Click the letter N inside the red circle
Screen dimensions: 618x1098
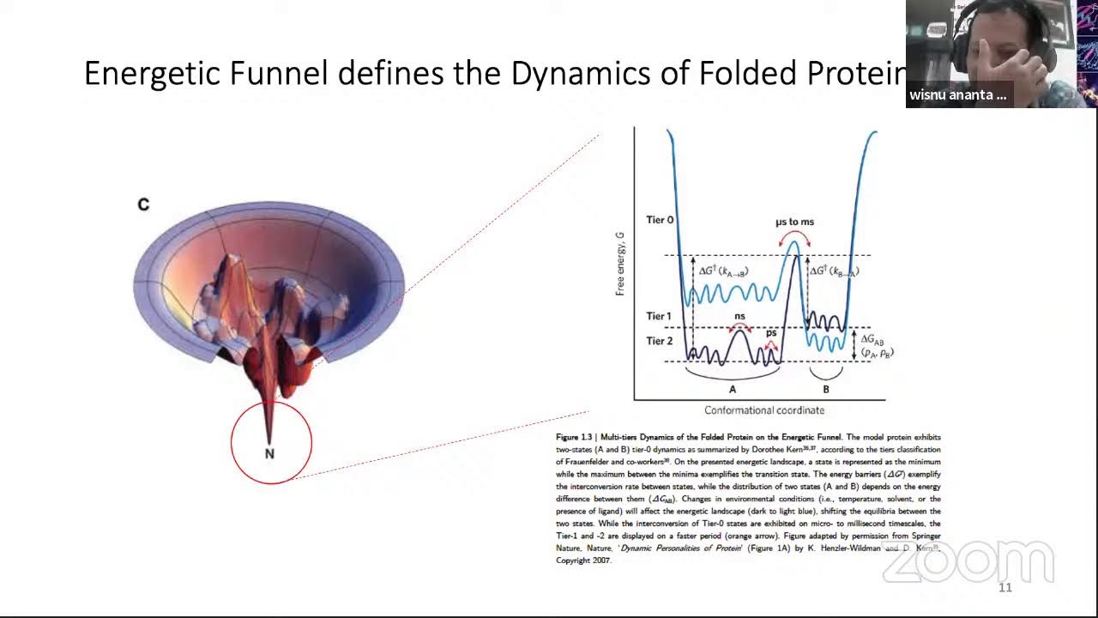click(x=269, y=453)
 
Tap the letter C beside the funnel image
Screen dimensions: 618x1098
click(x=143, y=204)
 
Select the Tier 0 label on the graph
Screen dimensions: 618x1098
click(x=660, y=220)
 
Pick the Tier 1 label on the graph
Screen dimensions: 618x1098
click(x=659, y=317)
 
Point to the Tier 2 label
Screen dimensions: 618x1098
click(x=659, y=341)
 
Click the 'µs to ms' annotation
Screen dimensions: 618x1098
click(x=794, y=221)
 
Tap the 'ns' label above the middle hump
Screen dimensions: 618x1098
click(x=739, y=317)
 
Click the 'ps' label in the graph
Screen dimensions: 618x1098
click(x=771, y=332)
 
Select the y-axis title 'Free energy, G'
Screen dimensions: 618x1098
click(x=619, y=264)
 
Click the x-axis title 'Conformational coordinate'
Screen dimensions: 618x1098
click(x=764, y=410)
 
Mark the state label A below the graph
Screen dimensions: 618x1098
click(x=732, y=389)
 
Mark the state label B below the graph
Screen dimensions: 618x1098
click(x=826, y=389)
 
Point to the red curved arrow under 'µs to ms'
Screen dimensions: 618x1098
click(x=794, y=236)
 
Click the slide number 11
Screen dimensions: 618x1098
click(x=1005, y=588)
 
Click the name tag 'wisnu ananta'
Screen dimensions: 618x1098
click(x=958, y=95)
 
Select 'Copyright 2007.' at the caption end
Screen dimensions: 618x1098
click(x=583, y=560)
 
